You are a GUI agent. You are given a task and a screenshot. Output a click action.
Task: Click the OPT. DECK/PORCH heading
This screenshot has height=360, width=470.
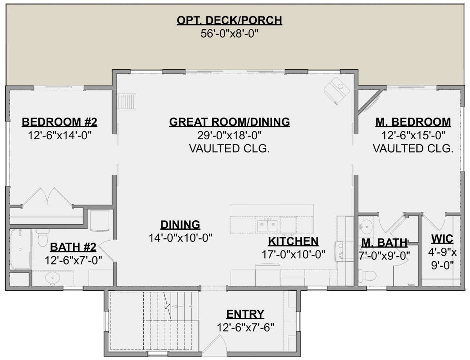click(x=229, y=20)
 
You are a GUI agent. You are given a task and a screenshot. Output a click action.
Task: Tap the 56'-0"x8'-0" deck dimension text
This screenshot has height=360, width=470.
click(x=230, y=34)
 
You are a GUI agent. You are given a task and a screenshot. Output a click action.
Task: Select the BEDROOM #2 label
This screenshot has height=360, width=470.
click(x=60, y=122)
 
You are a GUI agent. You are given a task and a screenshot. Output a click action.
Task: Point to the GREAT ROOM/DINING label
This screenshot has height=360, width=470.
click(x=230, y=122)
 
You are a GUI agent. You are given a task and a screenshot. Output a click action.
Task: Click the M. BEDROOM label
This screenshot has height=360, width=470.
click(x=413, y=122)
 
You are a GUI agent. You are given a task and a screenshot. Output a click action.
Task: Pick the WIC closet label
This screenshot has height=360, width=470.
click(x=442, y=239)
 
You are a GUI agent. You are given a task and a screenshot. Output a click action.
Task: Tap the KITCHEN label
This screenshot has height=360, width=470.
click(x=293, y=241)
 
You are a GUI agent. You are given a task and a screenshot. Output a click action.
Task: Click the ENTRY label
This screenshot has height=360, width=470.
click(x=245, y=314)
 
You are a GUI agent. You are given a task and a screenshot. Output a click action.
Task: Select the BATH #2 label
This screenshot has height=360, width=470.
click(x=73, y=247)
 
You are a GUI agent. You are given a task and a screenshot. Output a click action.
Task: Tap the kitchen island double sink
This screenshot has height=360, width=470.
click(x=268, y=225)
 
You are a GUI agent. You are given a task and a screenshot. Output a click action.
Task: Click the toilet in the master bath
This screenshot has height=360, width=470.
click(x=367, y=276)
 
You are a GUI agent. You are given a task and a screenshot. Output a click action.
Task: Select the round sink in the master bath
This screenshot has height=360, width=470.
click(x=365, y=227)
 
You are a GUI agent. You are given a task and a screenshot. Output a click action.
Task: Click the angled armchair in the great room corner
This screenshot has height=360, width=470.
click(x=337, y=91)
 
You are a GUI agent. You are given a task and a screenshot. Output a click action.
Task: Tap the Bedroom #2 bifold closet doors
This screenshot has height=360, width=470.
click(x=47, y=197)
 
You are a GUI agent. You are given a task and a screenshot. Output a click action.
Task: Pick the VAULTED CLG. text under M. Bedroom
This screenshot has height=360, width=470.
click(x=413, y=149)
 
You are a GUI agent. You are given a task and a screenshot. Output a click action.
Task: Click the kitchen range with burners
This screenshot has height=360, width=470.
click(x=341, y=250)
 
